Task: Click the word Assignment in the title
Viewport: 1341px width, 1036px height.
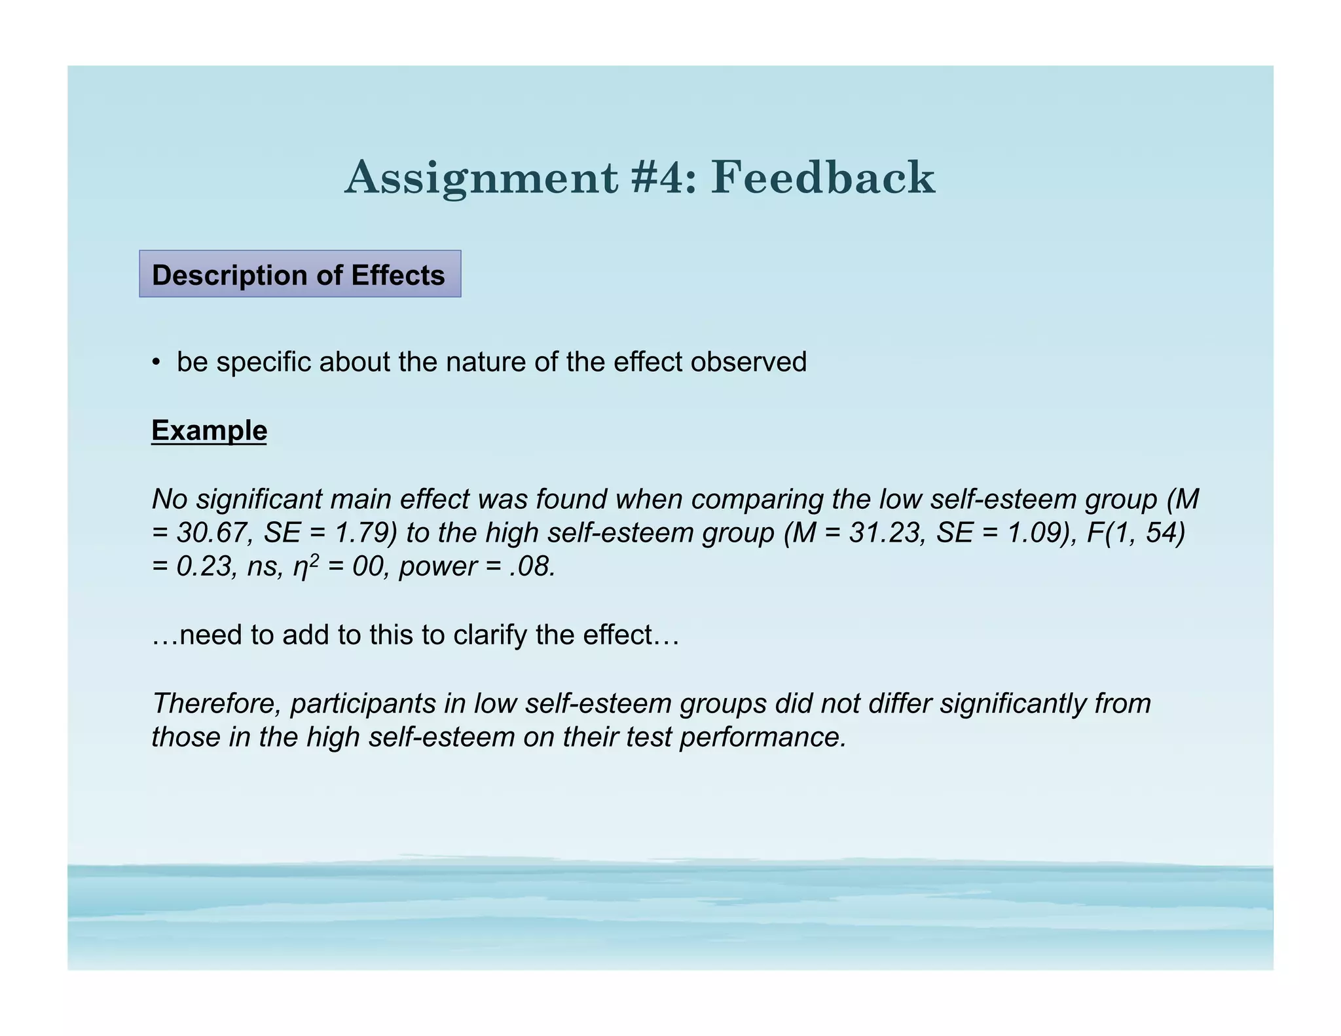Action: [x=481, y=178]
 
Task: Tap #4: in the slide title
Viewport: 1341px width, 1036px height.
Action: [x=663, y=178]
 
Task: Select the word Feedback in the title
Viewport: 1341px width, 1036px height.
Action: [x=823, y=178]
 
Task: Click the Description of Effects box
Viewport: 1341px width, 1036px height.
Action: [x=299, y=274]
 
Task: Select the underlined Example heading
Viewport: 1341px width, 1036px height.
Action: [x=209, y=431]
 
